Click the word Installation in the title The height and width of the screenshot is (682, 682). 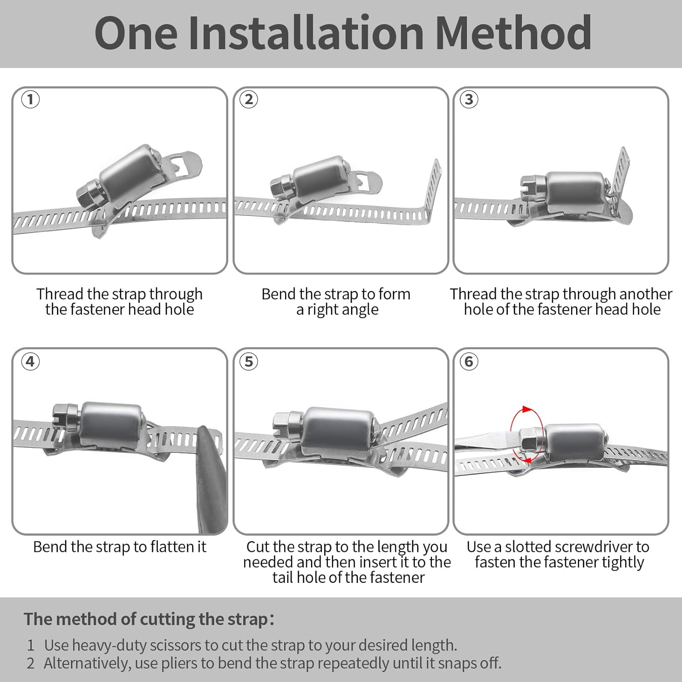(306, 33)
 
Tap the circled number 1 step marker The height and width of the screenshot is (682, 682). (30, 99)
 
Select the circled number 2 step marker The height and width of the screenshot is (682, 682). (249, 99)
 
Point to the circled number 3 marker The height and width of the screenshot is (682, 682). (469, 99)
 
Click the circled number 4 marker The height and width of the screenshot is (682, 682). (30, 361)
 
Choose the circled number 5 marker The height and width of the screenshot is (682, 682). (249, 361)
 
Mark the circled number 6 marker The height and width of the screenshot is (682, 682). (469, 361)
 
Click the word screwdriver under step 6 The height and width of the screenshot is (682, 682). (593, 547)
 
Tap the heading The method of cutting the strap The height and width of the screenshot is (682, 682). (146, 619)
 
